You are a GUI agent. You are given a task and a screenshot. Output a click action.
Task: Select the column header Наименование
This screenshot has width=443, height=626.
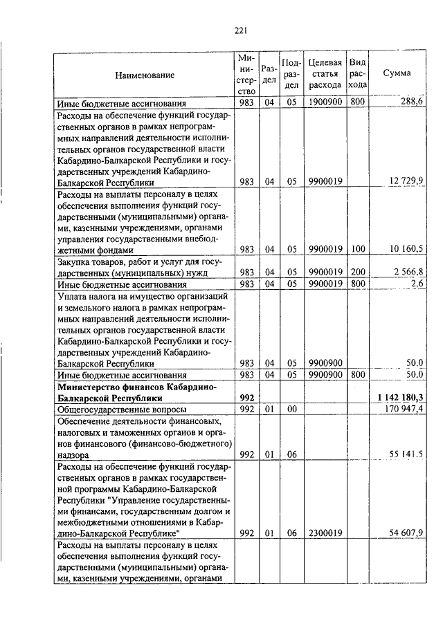tap(145, 74)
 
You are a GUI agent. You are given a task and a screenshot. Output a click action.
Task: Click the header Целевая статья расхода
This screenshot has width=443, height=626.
tap(325, 74)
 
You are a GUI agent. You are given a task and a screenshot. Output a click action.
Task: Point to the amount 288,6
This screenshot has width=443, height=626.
tap(411, 102)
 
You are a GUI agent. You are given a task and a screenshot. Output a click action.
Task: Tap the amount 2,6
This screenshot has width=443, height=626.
tap(416, 284)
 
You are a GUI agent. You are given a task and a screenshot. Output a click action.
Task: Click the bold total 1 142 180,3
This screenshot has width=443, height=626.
tap(401, 398)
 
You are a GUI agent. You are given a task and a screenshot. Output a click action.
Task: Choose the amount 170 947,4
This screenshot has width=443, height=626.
tap(404, 409)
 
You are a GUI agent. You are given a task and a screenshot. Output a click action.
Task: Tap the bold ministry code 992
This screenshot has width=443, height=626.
tap(246, 398)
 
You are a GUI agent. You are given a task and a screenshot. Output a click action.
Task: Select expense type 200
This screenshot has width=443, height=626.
tap(357, 272)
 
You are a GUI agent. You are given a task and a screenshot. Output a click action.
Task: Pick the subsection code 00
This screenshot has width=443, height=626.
tap(291, 409)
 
